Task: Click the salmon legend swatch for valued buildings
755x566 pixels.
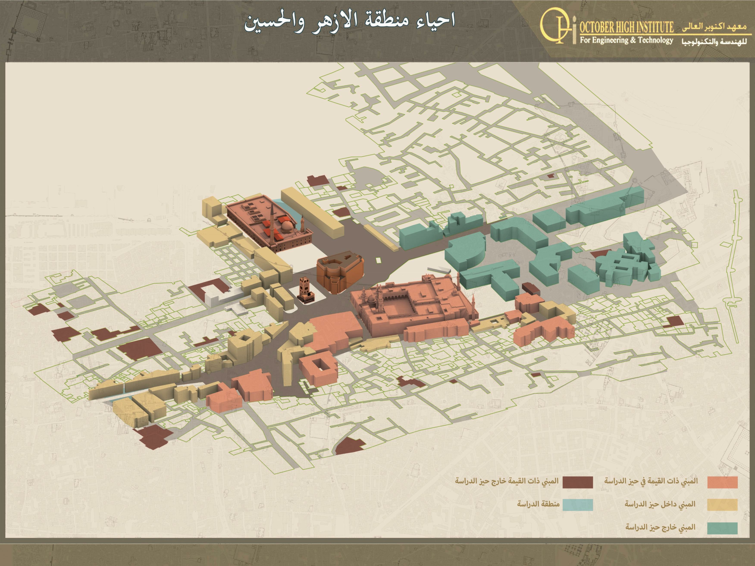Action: coord(722,482)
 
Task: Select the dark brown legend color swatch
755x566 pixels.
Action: coord(578,482)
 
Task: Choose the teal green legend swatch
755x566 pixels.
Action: coord(722,528)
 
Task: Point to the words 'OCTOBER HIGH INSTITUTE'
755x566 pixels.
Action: coord(627,27)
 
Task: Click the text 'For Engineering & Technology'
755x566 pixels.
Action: coord(626,40)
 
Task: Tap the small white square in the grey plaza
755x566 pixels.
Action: coord(378,260)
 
